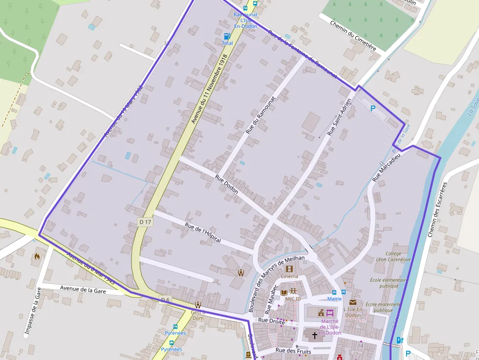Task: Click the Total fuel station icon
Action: tap(227, 36)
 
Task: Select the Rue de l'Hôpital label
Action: tap(203, 233)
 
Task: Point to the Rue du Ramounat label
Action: tap(261, 115)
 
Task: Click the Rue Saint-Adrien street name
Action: tap(339, 117)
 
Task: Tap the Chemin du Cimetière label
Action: tap(353, 36)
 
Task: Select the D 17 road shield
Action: tap(145, 222)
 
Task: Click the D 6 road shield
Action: tap(165, 300)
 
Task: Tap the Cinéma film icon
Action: tap(289, 269)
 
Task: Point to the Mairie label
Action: tap(334, 298)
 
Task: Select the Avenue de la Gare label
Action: tap(83, 290)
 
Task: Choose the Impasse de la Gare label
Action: tap(32, 313)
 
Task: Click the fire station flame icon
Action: tap(37, 255)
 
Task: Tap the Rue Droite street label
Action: tap(271, 320)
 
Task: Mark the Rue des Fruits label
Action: tap(293, 351)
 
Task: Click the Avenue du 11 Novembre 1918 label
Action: tap(210, 88)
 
